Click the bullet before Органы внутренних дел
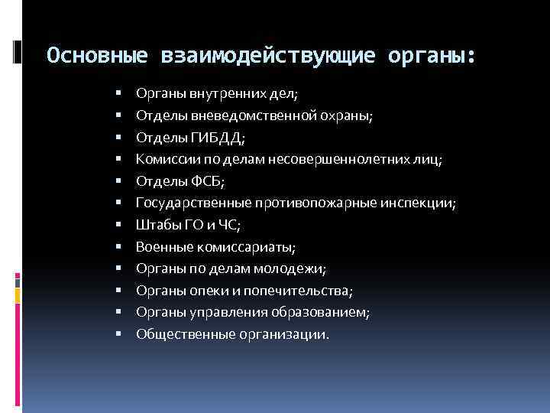click(x=120, y=94)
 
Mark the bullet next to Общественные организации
click(x=120, y=334)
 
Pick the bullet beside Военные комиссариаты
click(x=120, y=247)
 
